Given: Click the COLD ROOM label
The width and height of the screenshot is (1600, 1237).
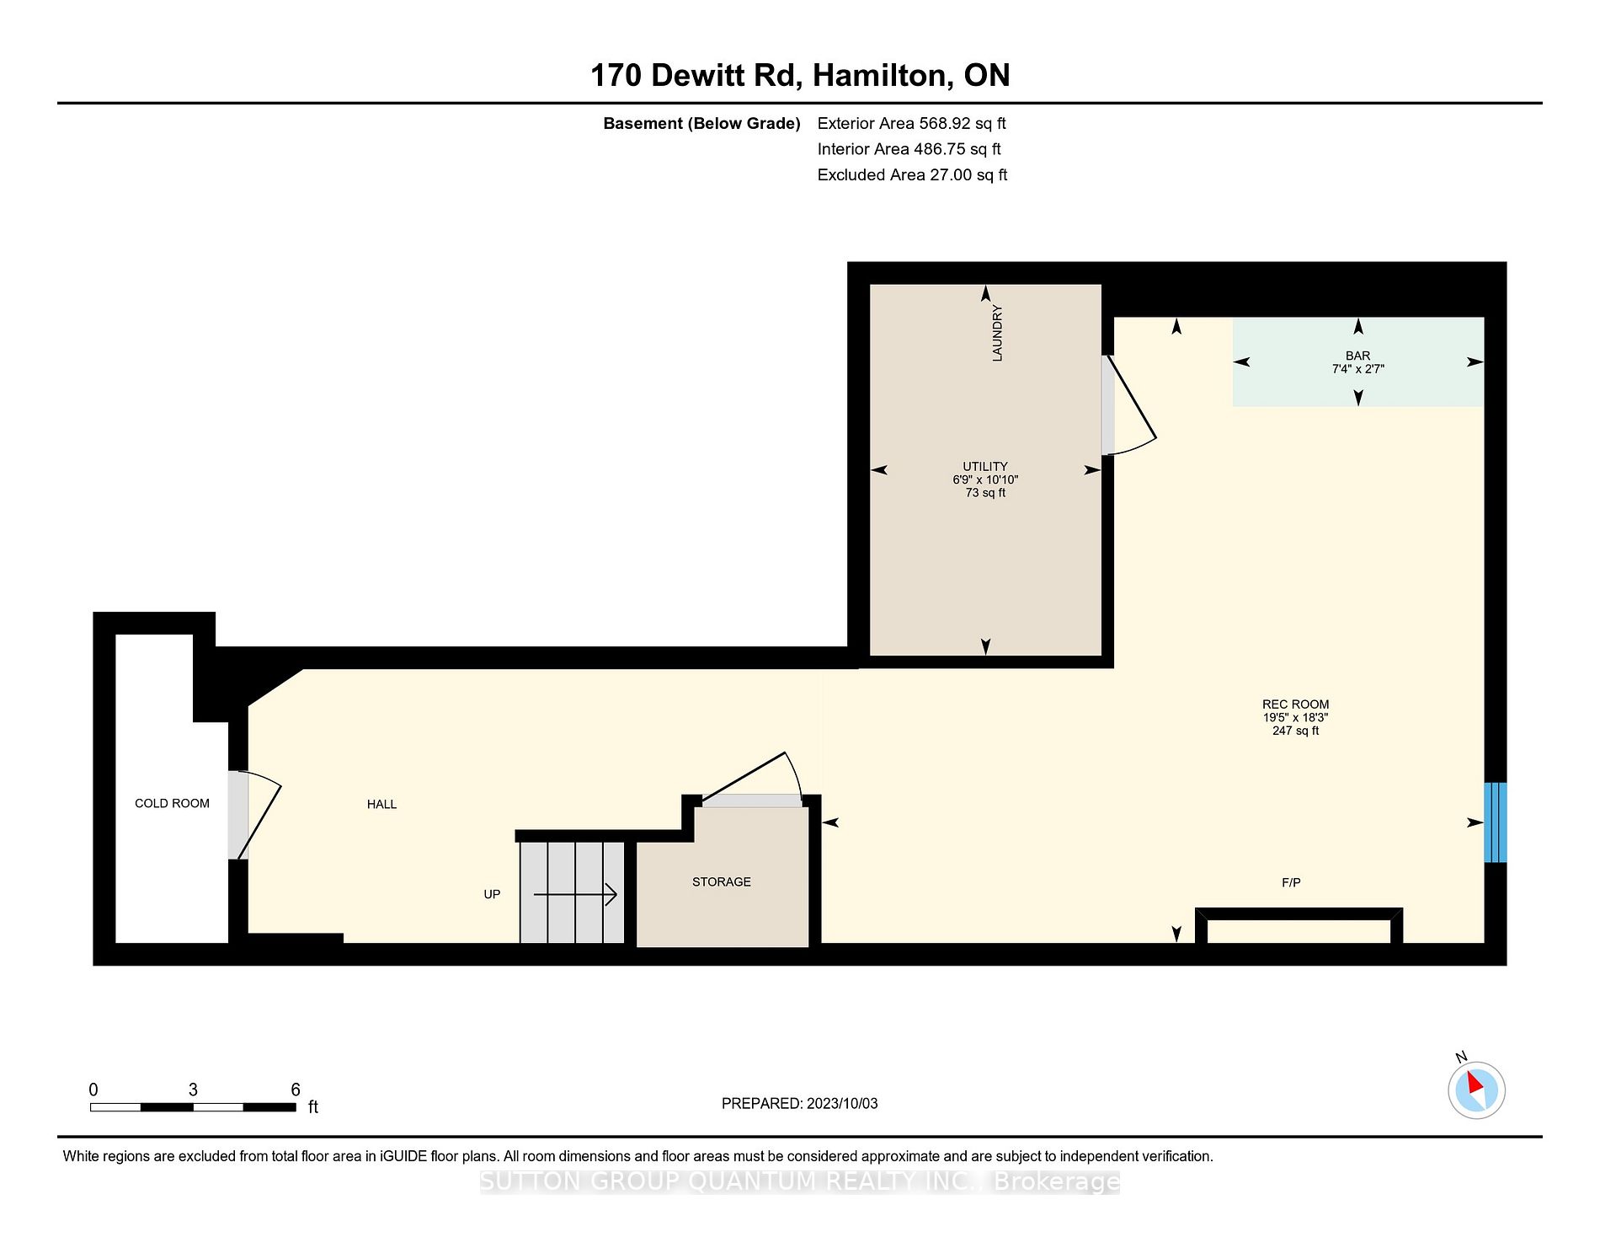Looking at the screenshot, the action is coord(172,803).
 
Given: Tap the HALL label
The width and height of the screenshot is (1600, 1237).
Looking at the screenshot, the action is coord(381,804).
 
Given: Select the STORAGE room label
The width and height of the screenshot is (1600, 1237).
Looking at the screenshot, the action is coord(721,881).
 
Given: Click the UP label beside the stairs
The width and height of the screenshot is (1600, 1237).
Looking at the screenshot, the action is coord(492,894).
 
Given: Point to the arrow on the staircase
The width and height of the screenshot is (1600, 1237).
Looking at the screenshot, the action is coord(575,894).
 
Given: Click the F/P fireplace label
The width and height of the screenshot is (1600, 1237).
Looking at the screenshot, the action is coord(1291,882).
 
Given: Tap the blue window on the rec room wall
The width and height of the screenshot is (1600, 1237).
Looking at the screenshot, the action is coord(1495,822).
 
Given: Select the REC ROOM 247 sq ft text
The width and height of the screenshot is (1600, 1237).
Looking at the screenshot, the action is coord(1295,731).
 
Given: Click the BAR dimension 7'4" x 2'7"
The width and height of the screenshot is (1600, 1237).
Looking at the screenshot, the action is coord(1357,369).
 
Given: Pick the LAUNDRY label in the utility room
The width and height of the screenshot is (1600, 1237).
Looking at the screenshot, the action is coord(997,333).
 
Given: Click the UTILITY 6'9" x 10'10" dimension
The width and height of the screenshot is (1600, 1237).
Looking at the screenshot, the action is coord(985,479).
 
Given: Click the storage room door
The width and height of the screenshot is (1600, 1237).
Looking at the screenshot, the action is coord(751,779).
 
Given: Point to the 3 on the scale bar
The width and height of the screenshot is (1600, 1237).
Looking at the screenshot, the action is coord(193,1090).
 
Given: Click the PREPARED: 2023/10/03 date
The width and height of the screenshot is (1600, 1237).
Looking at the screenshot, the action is coord(799,1103).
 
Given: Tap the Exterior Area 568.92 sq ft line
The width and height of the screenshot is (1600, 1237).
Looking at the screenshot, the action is coord(911,123).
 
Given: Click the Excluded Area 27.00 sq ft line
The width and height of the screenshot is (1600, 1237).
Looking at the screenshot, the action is coord(912,174).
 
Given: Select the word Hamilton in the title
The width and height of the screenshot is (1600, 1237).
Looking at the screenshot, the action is coord(883,76).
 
